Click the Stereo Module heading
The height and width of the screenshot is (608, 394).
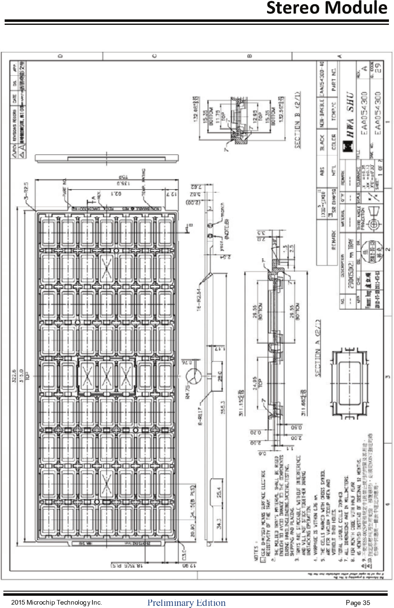(327, 8)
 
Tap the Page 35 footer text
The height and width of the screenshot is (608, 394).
(358, 603)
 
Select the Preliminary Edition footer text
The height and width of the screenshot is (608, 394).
(186, 603)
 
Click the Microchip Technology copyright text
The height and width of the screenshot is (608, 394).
(57, 603)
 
